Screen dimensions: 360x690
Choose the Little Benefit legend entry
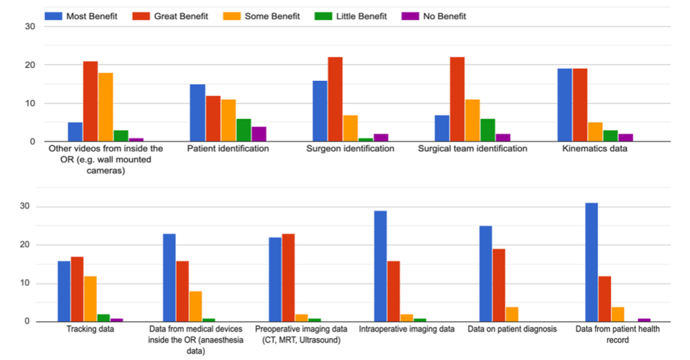360,16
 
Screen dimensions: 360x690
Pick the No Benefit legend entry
441,16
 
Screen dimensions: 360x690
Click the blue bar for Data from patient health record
591,262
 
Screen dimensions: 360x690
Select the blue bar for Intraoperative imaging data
380,267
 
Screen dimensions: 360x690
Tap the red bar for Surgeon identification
335,100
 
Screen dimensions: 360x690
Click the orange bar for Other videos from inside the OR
105,107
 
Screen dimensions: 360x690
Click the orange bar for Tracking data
91,299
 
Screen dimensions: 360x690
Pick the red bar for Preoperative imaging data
288,278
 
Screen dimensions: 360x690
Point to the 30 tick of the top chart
30,26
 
